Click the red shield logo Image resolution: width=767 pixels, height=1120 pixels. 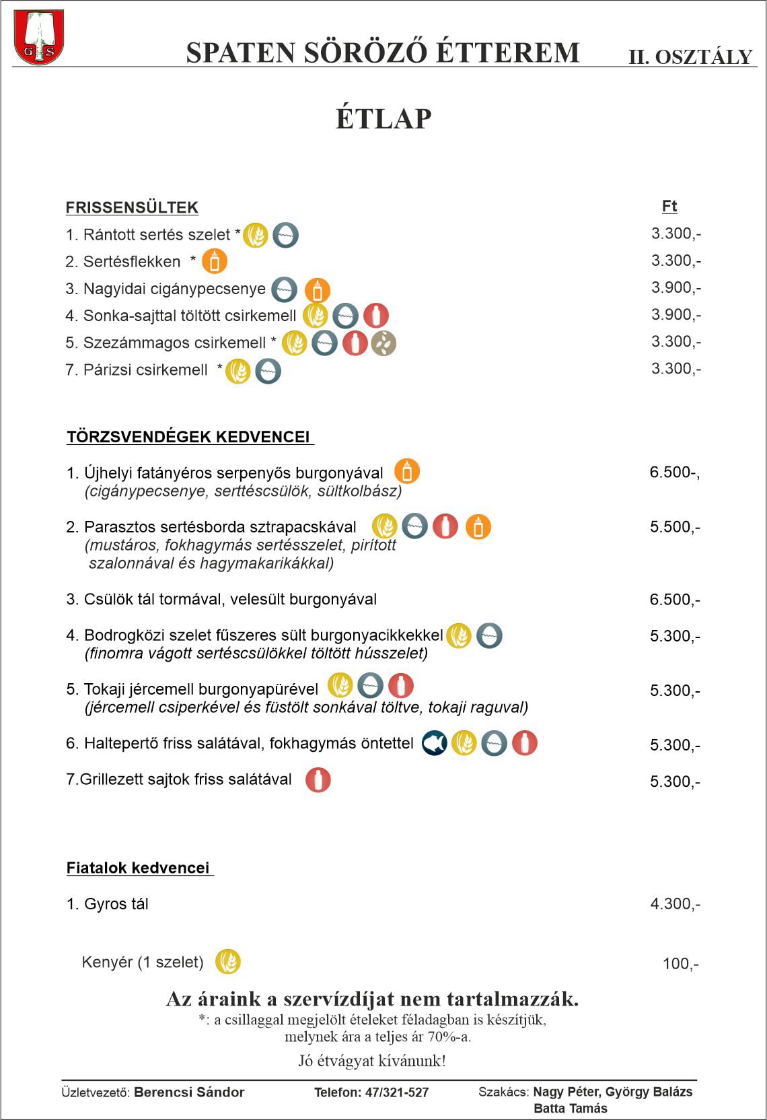click(39, 37)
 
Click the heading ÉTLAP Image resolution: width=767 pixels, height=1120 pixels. click(383, 118)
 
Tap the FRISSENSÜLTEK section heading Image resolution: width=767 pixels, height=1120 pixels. click(132, 207)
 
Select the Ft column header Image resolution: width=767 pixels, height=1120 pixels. click(669, 207)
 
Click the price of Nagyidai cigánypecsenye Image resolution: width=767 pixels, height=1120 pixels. click(675, 287)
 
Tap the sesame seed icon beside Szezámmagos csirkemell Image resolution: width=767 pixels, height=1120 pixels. click(383, 343)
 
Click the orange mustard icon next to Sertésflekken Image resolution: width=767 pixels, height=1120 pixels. click(215, 261)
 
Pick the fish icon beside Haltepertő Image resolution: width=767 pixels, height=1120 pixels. click(434, 743)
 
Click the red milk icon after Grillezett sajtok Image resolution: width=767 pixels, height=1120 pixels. click(318, 780)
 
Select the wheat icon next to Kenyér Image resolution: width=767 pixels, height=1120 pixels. click(228, 961)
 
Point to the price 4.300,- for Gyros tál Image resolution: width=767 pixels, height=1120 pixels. click(675, 904)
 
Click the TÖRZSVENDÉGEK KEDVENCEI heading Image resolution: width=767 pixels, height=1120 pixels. click(188, 437)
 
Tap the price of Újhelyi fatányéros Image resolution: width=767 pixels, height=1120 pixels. click(674, 473)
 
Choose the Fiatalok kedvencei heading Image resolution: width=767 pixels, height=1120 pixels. click(138, 868)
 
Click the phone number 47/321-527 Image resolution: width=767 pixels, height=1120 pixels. click(396, 1092)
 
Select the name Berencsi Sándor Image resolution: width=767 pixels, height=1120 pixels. click(189, 1092)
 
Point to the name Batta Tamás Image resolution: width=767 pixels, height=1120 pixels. click(571, 1108)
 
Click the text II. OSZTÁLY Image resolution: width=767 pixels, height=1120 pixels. click(690, 57)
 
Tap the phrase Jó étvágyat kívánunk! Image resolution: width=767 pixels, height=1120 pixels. click(372, 1061)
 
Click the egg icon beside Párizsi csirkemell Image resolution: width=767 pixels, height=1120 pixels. click(268, 371)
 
